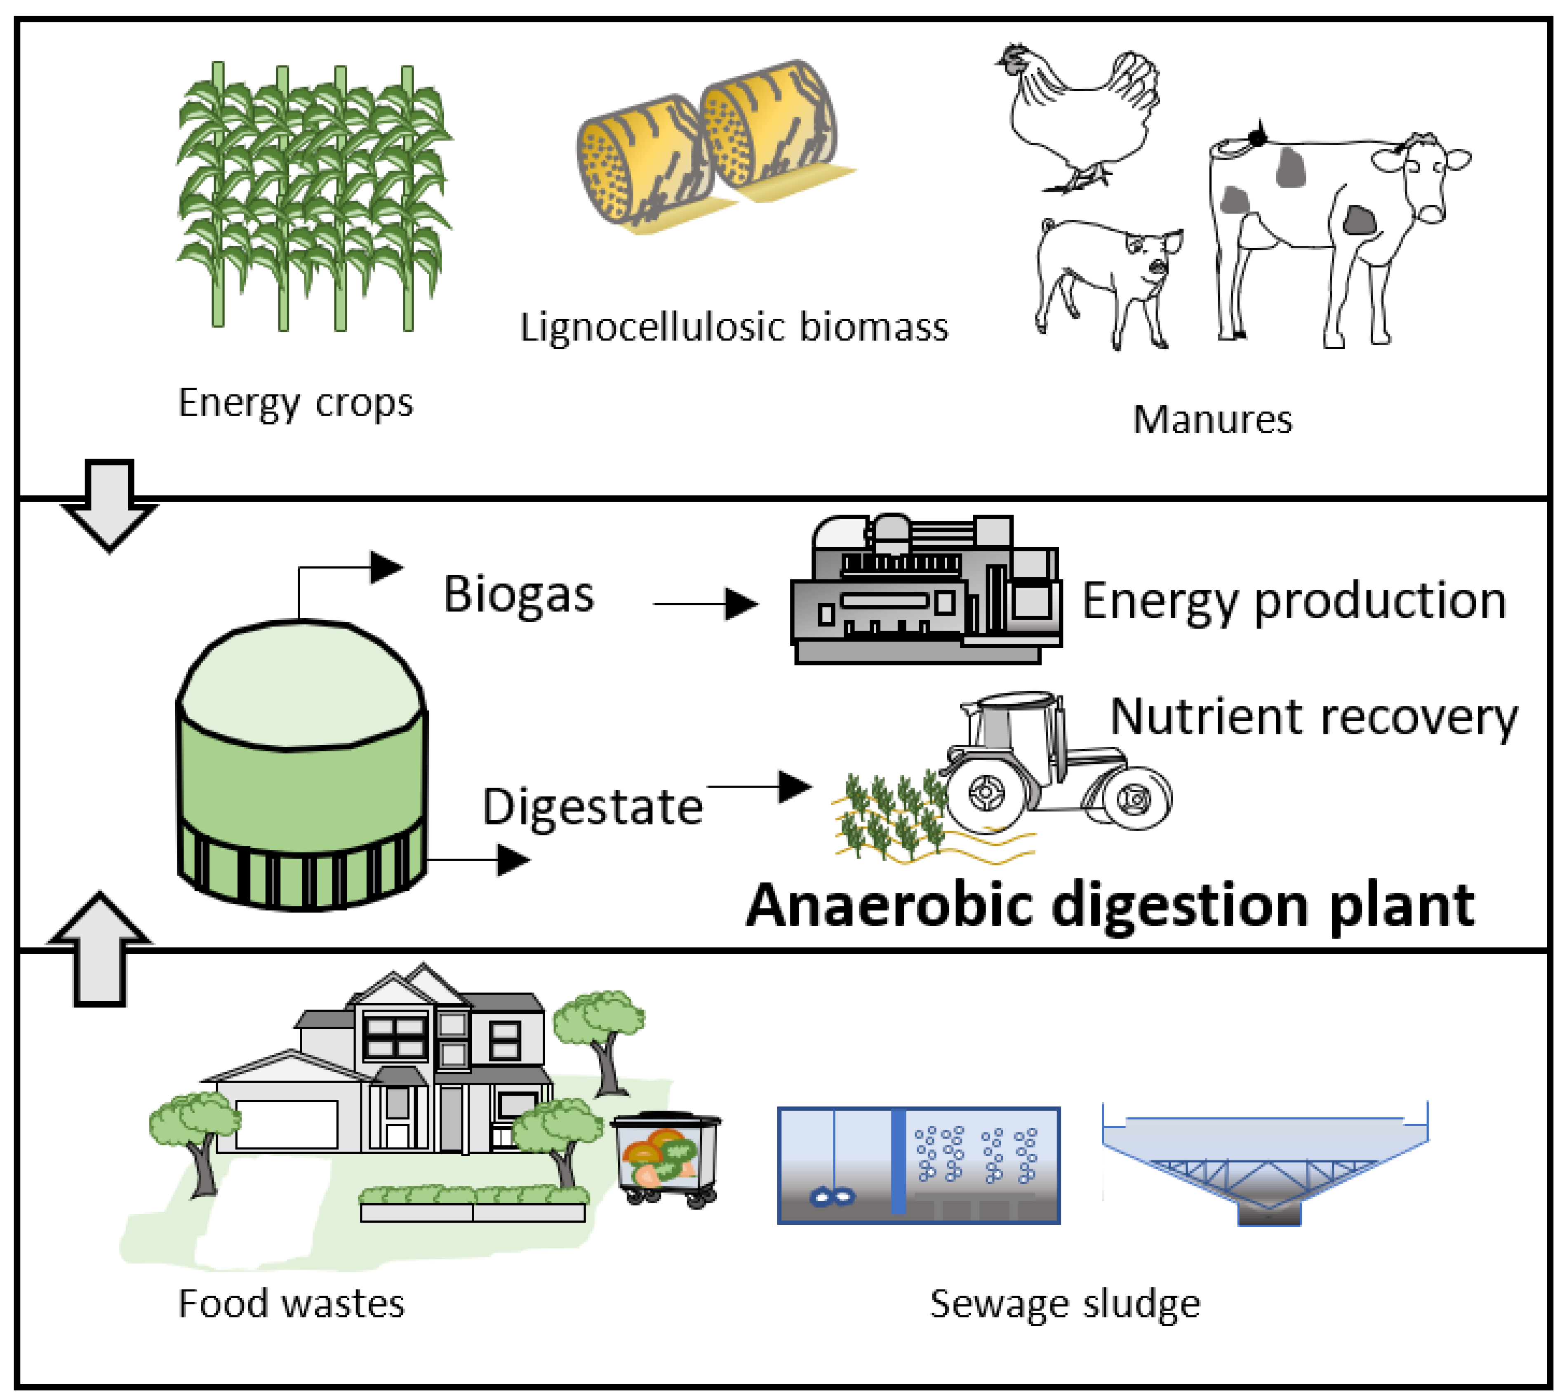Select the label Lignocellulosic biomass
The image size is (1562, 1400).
point(734,327)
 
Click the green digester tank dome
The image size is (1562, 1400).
point(300,685)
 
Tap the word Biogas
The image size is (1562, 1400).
point(519,595)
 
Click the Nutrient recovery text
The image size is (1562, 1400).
point(1314,717)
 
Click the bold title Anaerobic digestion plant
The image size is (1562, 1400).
point(1110,906)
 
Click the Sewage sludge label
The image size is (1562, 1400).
point(1064,1304)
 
